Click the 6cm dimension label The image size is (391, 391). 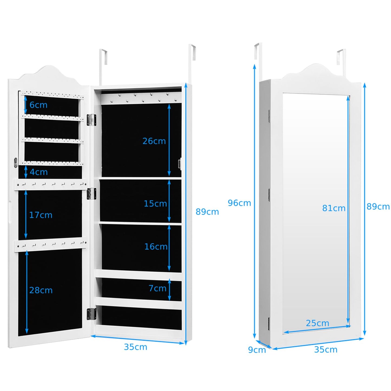pyautogui.click(x=38, y=105)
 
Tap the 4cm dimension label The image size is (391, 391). pyautogui.click(x=39, y=172)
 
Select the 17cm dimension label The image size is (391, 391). pyautogui.click(x=41, y=215)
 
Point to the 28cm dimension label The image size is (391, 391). pyautogui.click(x=41, y=290)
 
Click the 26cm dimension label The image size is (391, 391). pyautogui.click(x=154, y=141)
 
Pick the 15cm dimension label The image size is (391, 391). pyautogui.click(x=155, y=203)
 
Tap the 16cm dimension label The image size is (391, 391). pyautogui.click(x=156, y=247)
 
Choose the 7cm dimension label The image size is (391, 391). pyautogui.click(x=157, y=288)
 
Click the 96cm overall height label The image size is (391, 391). pyautogui.click(x=239, y=203)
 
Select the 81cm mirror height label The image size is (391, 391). pyautogui.click(x=334, y=208)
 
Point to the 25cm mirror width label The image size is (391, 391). pyautogui.click(x=317, y=323)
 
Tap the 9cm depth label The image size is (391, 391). pyautogui.click(x=257, y=350)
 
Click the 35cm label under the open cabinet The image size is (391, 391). pyautogui.click(x=135, y=347)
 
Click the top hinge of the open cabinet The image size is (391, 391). pyautogui.click(x=91, y=120)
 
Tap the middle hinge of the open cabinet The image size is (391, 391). pyautogui.click(x=91, y=194)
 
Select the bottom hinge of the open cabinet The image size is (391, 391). pyautogui.click(x=91, y=314)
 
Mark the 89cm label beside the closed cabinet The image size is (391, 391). pyautogui.click(x=378, y=207)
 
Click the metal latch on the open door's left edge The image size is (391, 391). pyautogui.click(x=15, y=162)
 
